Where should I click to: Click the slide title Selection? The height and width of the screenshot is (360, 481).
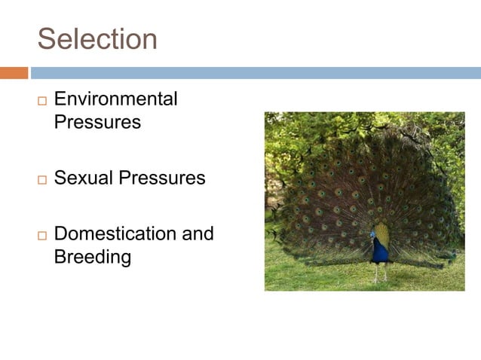pyautogui.click(x=97, y=39)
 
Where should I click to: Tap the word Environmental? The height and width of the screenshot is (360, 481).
pyautogui.click(x=116, y=99)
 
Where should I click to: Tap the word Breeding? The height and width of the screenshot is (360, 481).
pyautogui.click(x=93, y=257)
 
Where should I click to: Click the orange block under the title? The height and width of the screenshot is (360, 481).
pyautogui.click(x=14, y=73)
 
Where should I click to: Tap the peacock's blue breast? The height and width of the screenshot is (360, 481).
pyautogui.click(x=379, y=251)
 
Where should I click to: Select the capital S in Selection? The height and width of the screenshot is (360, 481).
pyautogui.click(x=47, y=39)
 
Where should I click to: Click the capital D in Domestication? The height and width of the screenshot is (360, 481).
pyautogui.click(x=61, y=233)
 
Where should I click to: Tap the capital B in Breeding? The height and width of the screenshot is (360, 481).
pyautogui.click(x=60, y=257)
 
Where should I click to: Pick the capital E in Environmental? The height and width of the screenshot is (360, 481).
pyautogui.click(x=60, y=99)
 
